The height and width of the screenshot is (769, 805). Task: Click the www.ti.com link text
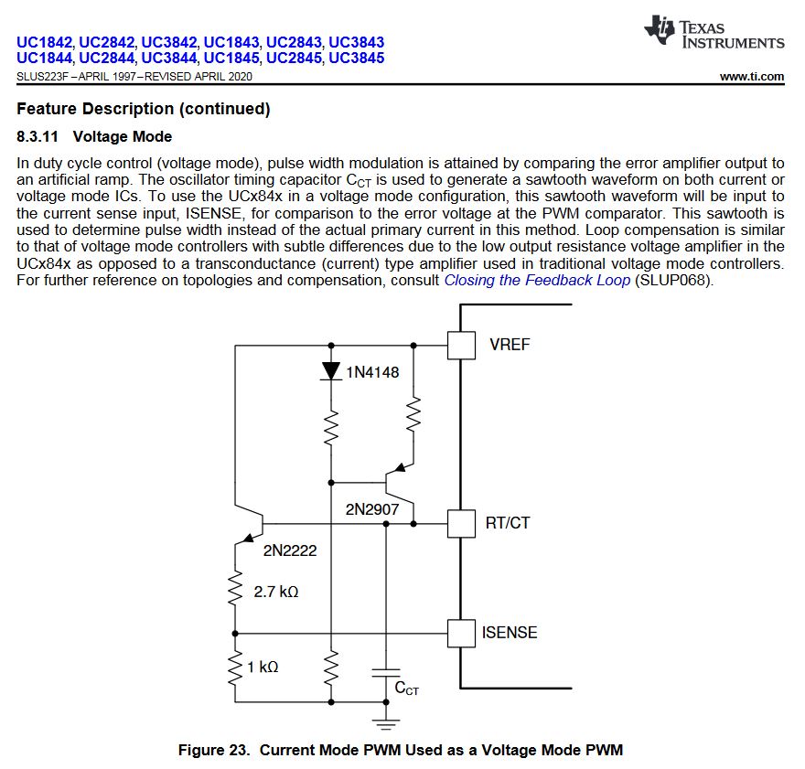[751, 77]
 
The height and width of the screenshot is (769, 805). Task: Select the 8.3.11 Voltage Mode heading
[94, 137]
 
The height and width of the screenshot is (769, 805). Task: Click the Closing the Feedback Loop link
[537, 280]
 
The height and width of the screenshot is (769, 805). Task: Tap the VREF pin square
[461, 345]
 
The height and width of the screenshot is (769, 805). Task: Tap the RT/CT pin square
[461, 523]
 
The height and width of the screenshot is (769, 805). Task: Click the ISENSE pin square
[461, 633]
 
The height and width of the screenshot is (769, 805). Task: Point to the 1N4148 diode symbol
[330, 371]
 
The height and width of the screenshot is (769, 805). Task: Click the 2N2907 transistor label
[371, 508]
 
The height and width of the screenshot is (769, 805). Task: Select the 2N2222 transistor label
[290, 550]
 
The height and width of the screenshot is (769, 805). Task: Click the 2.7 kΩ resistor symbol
[236, 590]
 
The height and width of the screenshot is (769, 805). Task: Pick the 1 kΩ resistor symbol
[236, 668]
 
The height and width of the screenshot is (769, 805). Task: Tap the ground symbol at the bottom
[385, 722]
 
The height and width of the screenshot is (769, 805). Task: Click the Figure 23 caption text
[400, 750]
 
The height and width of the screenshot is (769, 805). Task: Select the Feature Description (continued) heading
[144, 109]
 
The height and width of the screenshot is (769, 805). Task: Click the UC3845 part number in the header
[356, 58]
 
